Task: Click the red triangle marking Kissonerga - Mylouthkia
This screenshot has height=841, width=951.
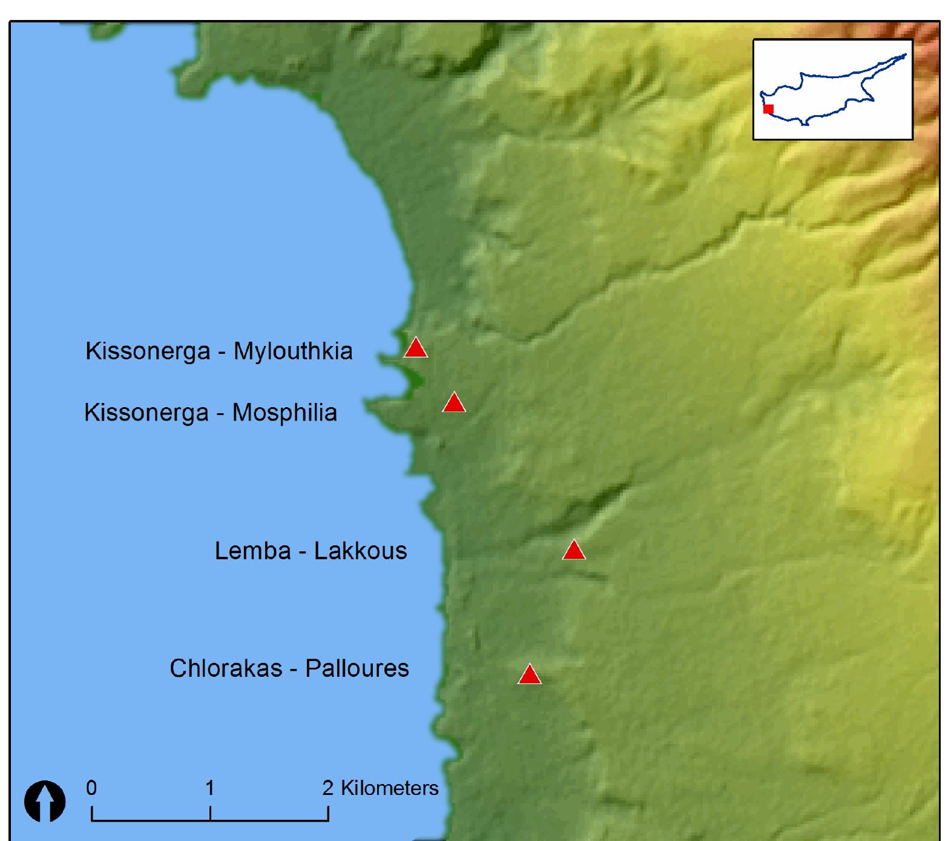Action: point(416,348)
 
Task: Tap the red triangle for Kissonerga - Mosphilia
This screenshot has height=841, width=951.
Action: point(454,403)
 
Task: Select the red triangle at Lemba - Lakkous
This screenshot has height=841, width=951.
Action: point(574,551)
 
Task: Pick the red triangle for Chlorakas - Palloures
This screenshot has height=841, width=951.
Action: point(530,675)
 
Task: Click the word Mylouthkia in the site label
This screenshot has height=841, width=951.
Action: point(293,351)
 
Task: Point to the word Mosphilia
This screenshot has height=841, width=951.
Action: point(285,413)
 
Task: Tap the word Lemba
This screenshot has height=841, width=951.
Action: point(252,551)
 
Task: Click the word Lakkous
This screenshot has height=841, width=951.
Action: point(360,551)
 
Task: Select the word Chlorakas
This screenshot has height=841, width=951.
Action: point(226,668)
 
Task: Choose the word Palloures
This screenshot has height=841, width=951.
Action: point(357,668)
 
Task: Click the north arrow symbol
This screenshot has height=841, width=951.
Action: point(45,801)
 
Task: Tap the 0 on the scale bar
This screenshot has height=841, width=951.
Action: point(91,788)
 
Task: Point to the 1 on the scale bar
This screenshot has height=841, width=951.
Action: point(209,788)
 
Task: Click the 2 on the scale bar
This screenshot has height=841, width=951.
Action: point(328,788)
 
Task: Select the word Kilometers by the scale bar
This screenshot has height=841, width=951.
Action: point(390,788)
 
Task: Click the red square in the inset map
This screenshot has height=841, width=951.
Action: point(768,109)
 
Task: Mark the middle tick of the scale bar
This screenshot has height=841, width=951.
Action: point(210,813)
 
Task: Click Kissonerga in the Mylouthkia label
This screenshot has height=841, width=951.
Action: point(148,351)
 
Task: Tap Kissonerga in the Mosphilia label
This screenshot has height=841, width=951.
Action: point(146,413)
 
